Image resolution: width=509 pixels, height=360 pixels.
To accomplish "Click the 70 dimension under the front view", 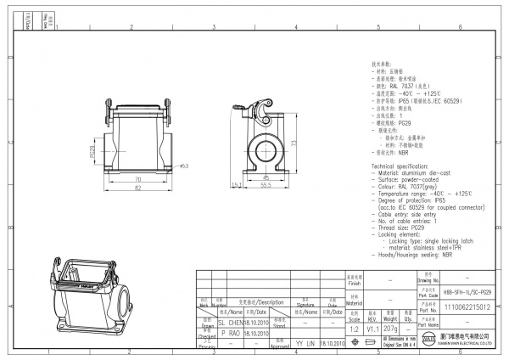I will click(x=137, y=180).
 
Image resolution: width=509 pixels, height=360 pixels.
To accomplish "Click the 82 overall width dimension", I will click(x=137, y=188).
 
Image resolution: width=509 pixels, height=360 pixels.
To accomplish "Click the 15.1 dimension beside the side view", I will click(x=235, y=184).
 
